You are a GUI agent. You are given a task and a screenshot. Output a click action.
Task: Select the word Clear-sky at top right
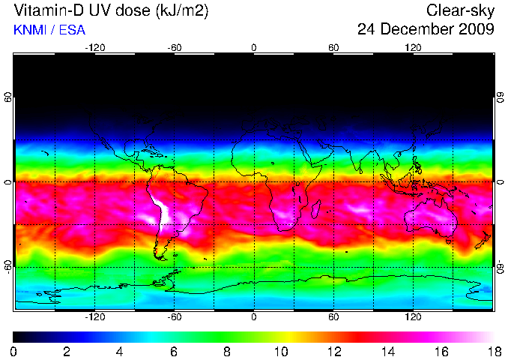pyautogui.click(x=460, y=11)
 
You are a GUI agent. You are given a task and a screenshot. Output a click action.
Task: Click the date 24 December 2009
pyautogui.click(x=426, y=30)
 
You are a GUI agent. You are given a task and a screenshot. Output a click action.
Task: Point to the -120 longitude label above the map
pyautogui.click(x=95, y=48)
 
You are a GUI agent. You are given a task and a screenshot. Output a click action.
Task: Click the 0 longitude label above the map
pyautogui.click(x=254, y=48)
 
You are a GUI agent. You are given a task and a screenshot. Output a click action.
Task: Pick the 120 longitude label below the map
pyautogui.click(x=413, y=316)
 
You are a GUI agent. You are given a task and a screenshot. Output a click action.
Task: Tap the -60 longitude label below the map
pyautogui.click(x=175, y=316)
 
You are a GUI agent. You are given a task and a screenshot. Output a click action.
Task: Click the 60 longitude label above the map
pyautogui.click(x=333, y=48)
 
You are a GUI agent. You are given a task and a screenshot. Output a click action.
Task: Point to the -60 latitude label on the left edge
pyautogui.click(x=7, y=266)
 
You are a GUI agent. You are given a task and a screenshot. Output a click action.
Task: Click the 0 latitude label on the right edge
pyautogui.click(x=500, y=182)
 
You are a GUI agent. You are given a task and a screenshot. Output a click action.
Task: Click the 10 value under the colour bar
pyautogui.click(x=280, y=351)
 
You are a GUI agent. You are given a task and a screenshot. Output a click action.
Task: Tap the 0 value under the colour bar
pyautogui.click(x=14, y=351)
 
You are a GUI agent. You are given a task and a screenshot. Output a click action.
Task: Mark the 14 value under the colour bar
pyautogui.click(x=387, y=351)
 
